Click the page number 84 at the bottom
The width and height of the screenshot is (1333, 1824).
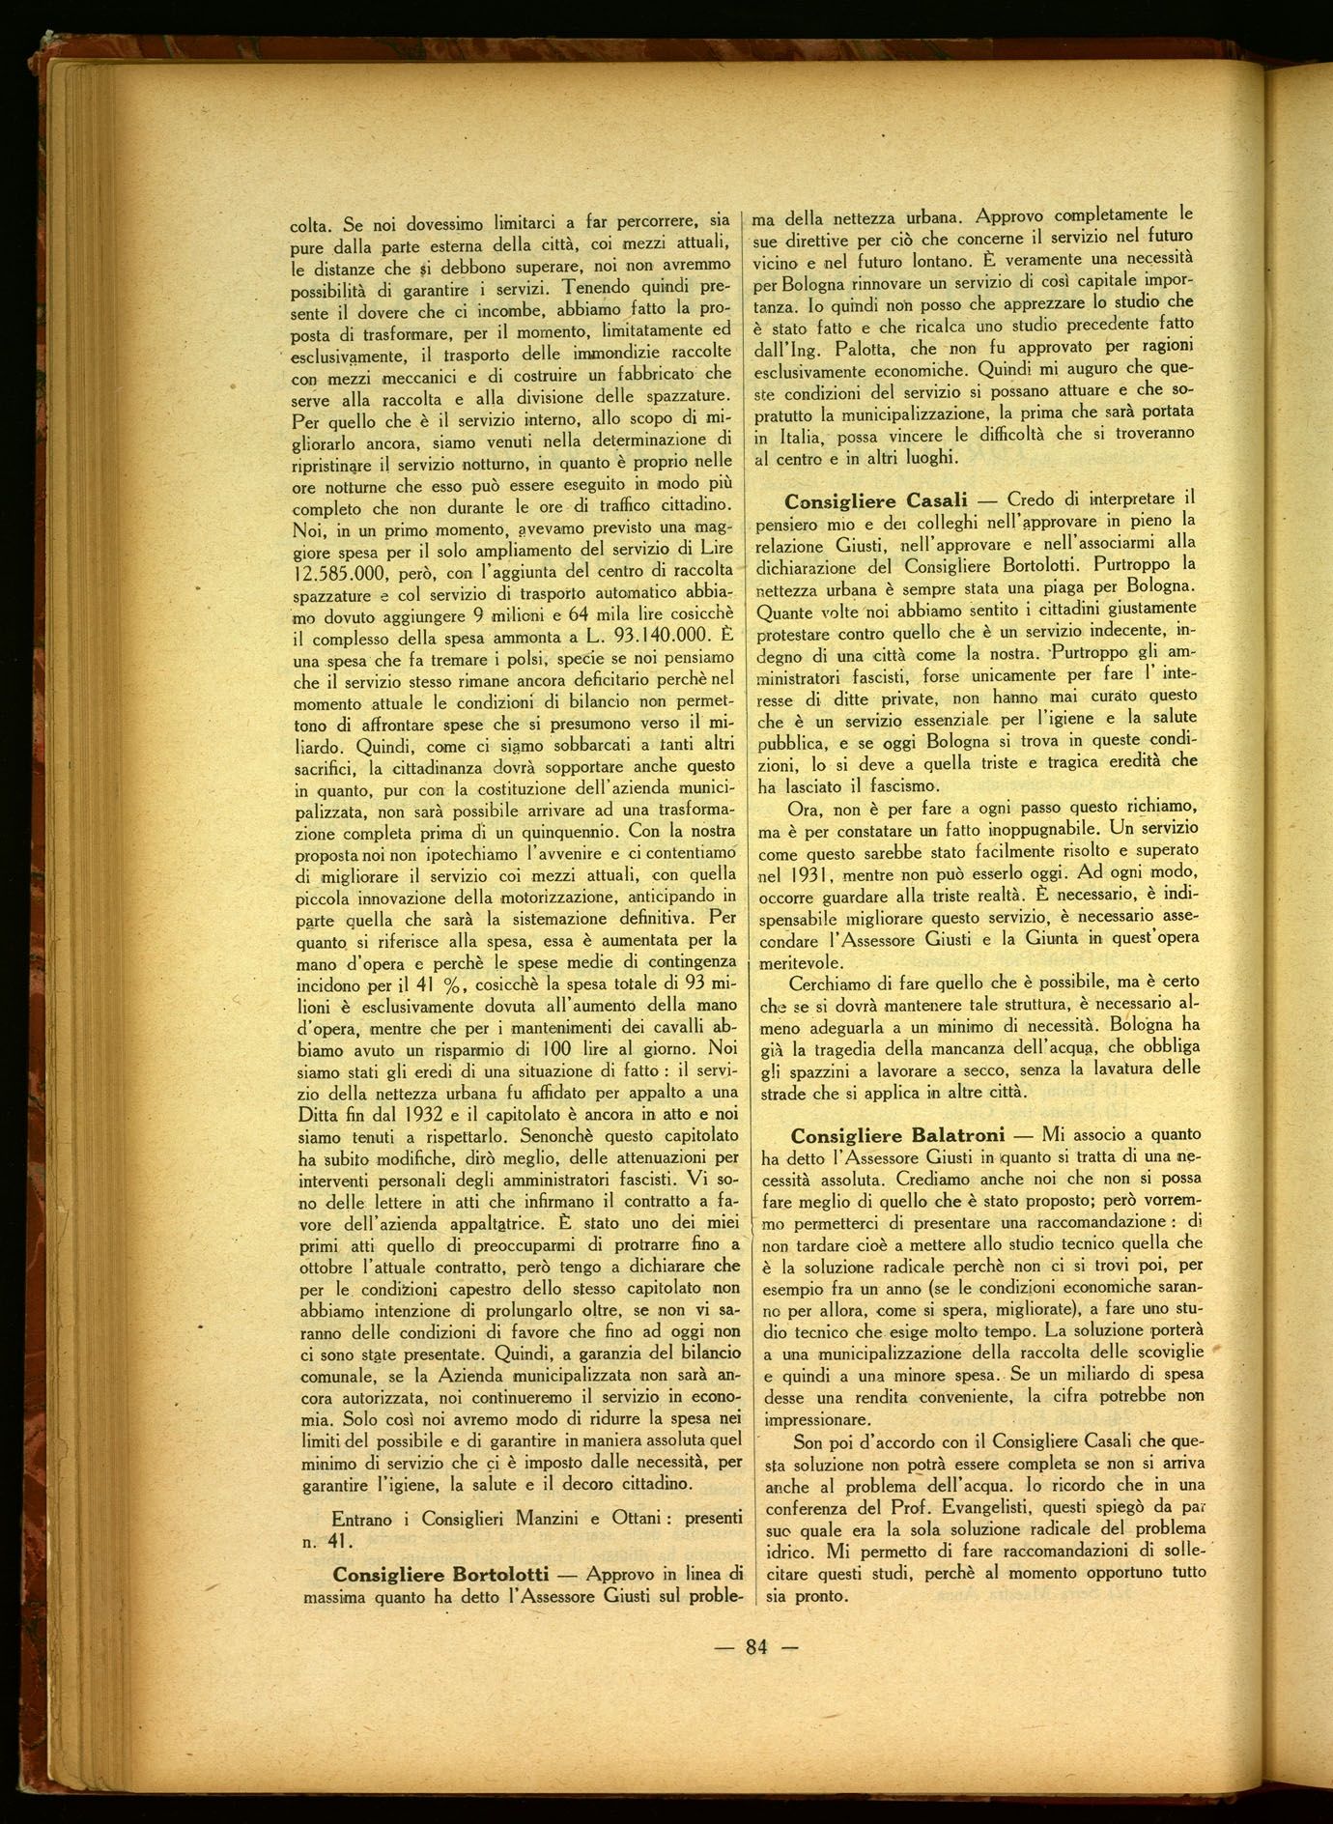point(756,1647)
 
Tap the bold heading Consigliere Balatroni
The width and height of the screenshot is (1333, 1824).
point(897,1135)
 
